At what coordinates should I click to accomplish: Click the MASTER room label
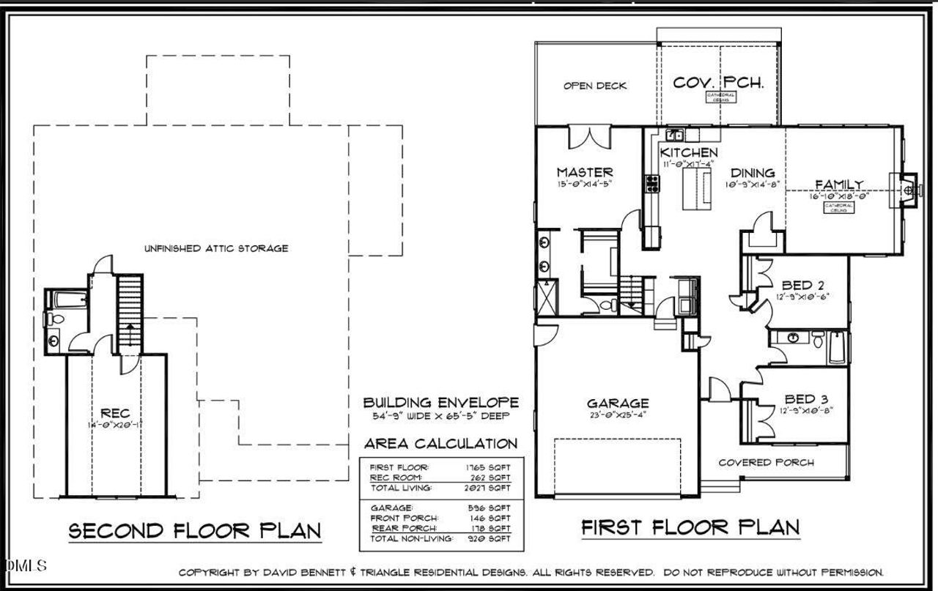click(584, 172)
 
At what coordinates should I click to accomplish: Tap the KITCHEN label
click(688, 152)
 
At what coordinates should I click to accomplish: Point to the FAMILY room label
click(838, 185)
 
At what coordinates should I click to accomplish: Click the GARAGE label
click(617, 403)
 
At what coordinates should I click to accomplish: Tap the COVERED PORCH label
click(765, 462)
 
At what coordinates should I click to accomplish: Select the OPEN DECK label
click(595, 86)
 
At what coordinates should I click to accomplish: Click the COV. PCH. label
click(718, 82)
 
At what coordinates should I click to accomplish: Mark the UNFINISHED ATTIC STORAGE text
click(215, 248)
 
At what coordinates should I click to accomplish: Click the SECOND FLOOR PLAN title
click(195, 531)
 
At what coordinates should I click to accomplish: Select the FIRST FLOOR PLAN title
click(690, 527)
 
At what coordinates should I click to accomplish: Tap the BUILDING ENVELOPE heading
click(441, 402)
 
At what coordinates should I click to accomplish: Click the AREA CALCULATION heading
click(440, 444)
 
